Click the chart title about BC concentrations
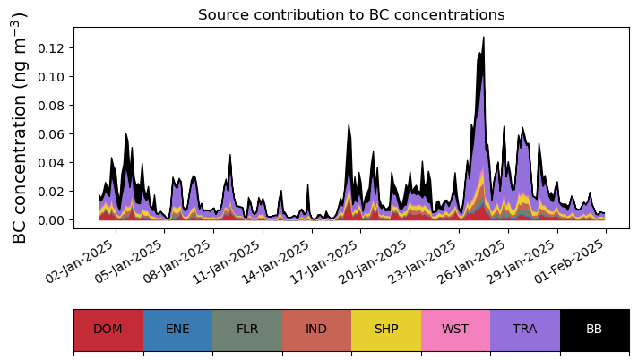coord(351,15)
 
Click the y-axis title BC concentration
coord(21,128)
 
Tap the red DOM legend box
coord(108,330)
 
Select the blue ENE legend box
coord(177,330)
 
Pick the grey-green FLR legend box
coord(247,330)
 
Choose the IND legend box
coord(316,330)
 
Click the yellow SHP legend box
coord(386,330)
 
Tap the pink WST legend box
coord(455,330)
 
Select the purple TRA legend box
coord(525,330)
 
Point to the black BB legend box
coord(594,330)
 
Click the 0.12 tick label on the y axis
coord(49,48)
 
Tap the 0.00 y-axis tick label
coord(49,220)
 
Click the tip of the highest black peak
coord(484,38)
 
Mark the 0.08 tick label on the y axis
coord(49,106)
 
